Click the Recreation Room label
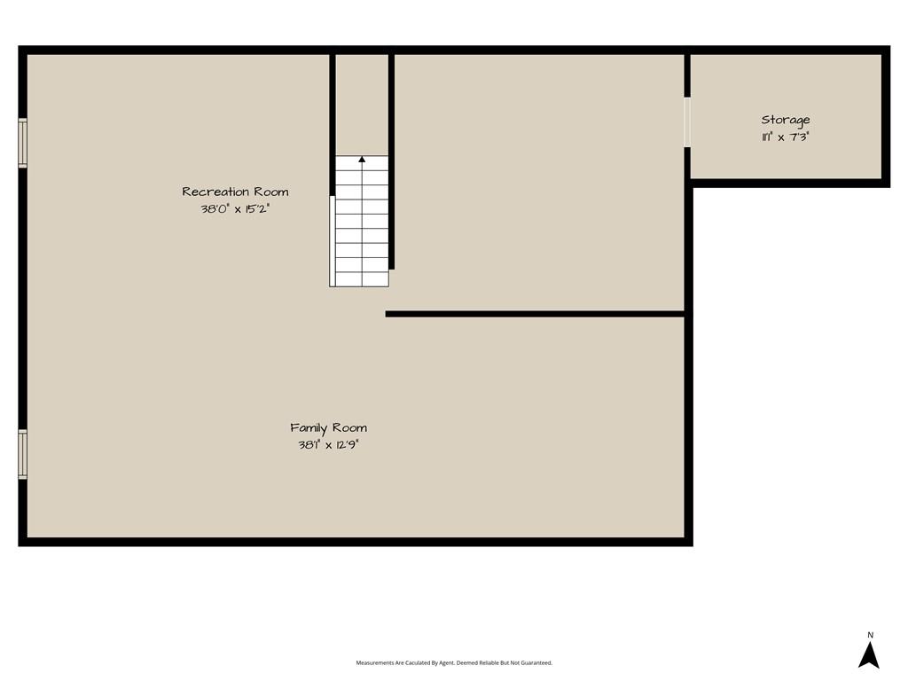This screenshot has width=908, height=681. (x=235, y=192)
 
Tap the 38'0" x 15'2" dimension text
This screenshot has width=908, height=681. (x=235, y=209)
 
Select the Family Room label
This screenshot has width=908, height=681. (x=328, y=428)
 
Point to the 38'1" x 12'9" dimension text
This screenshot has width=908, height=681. (x=328, y=445)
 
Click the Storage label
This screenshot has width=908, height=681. (x=786, y=121)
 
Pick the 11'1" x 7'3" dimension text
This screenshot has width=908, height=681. (x=786, y=137)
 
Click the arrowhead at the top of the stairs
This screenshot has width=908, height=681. (x=362, y=159)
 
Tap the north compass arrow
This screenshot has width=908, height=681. (x=869, y=655)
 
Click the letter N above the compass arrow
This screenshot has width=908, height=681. (x=870, y=635)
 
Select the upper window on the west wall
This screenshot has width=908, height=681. (x=22, y=143)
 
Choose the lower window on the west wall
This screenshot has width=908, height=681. (x=22, y=454)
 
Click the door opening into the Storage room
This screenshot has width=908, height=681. (x=687, y=122)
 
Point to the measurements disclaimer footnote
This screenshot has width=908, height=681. (x=454, y=663)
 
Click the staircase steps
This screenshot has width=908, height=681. (x=362, y=221)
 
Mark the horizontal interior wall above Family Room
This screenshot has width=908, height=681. (x=535, y=314)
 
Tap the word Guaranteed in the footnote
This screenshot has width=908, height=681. (x=539, y=663)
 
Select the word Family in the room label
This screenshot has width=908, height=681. (x=309, y=428)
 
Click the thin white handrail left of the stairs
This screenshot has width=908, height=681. (x=332, y=241)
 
